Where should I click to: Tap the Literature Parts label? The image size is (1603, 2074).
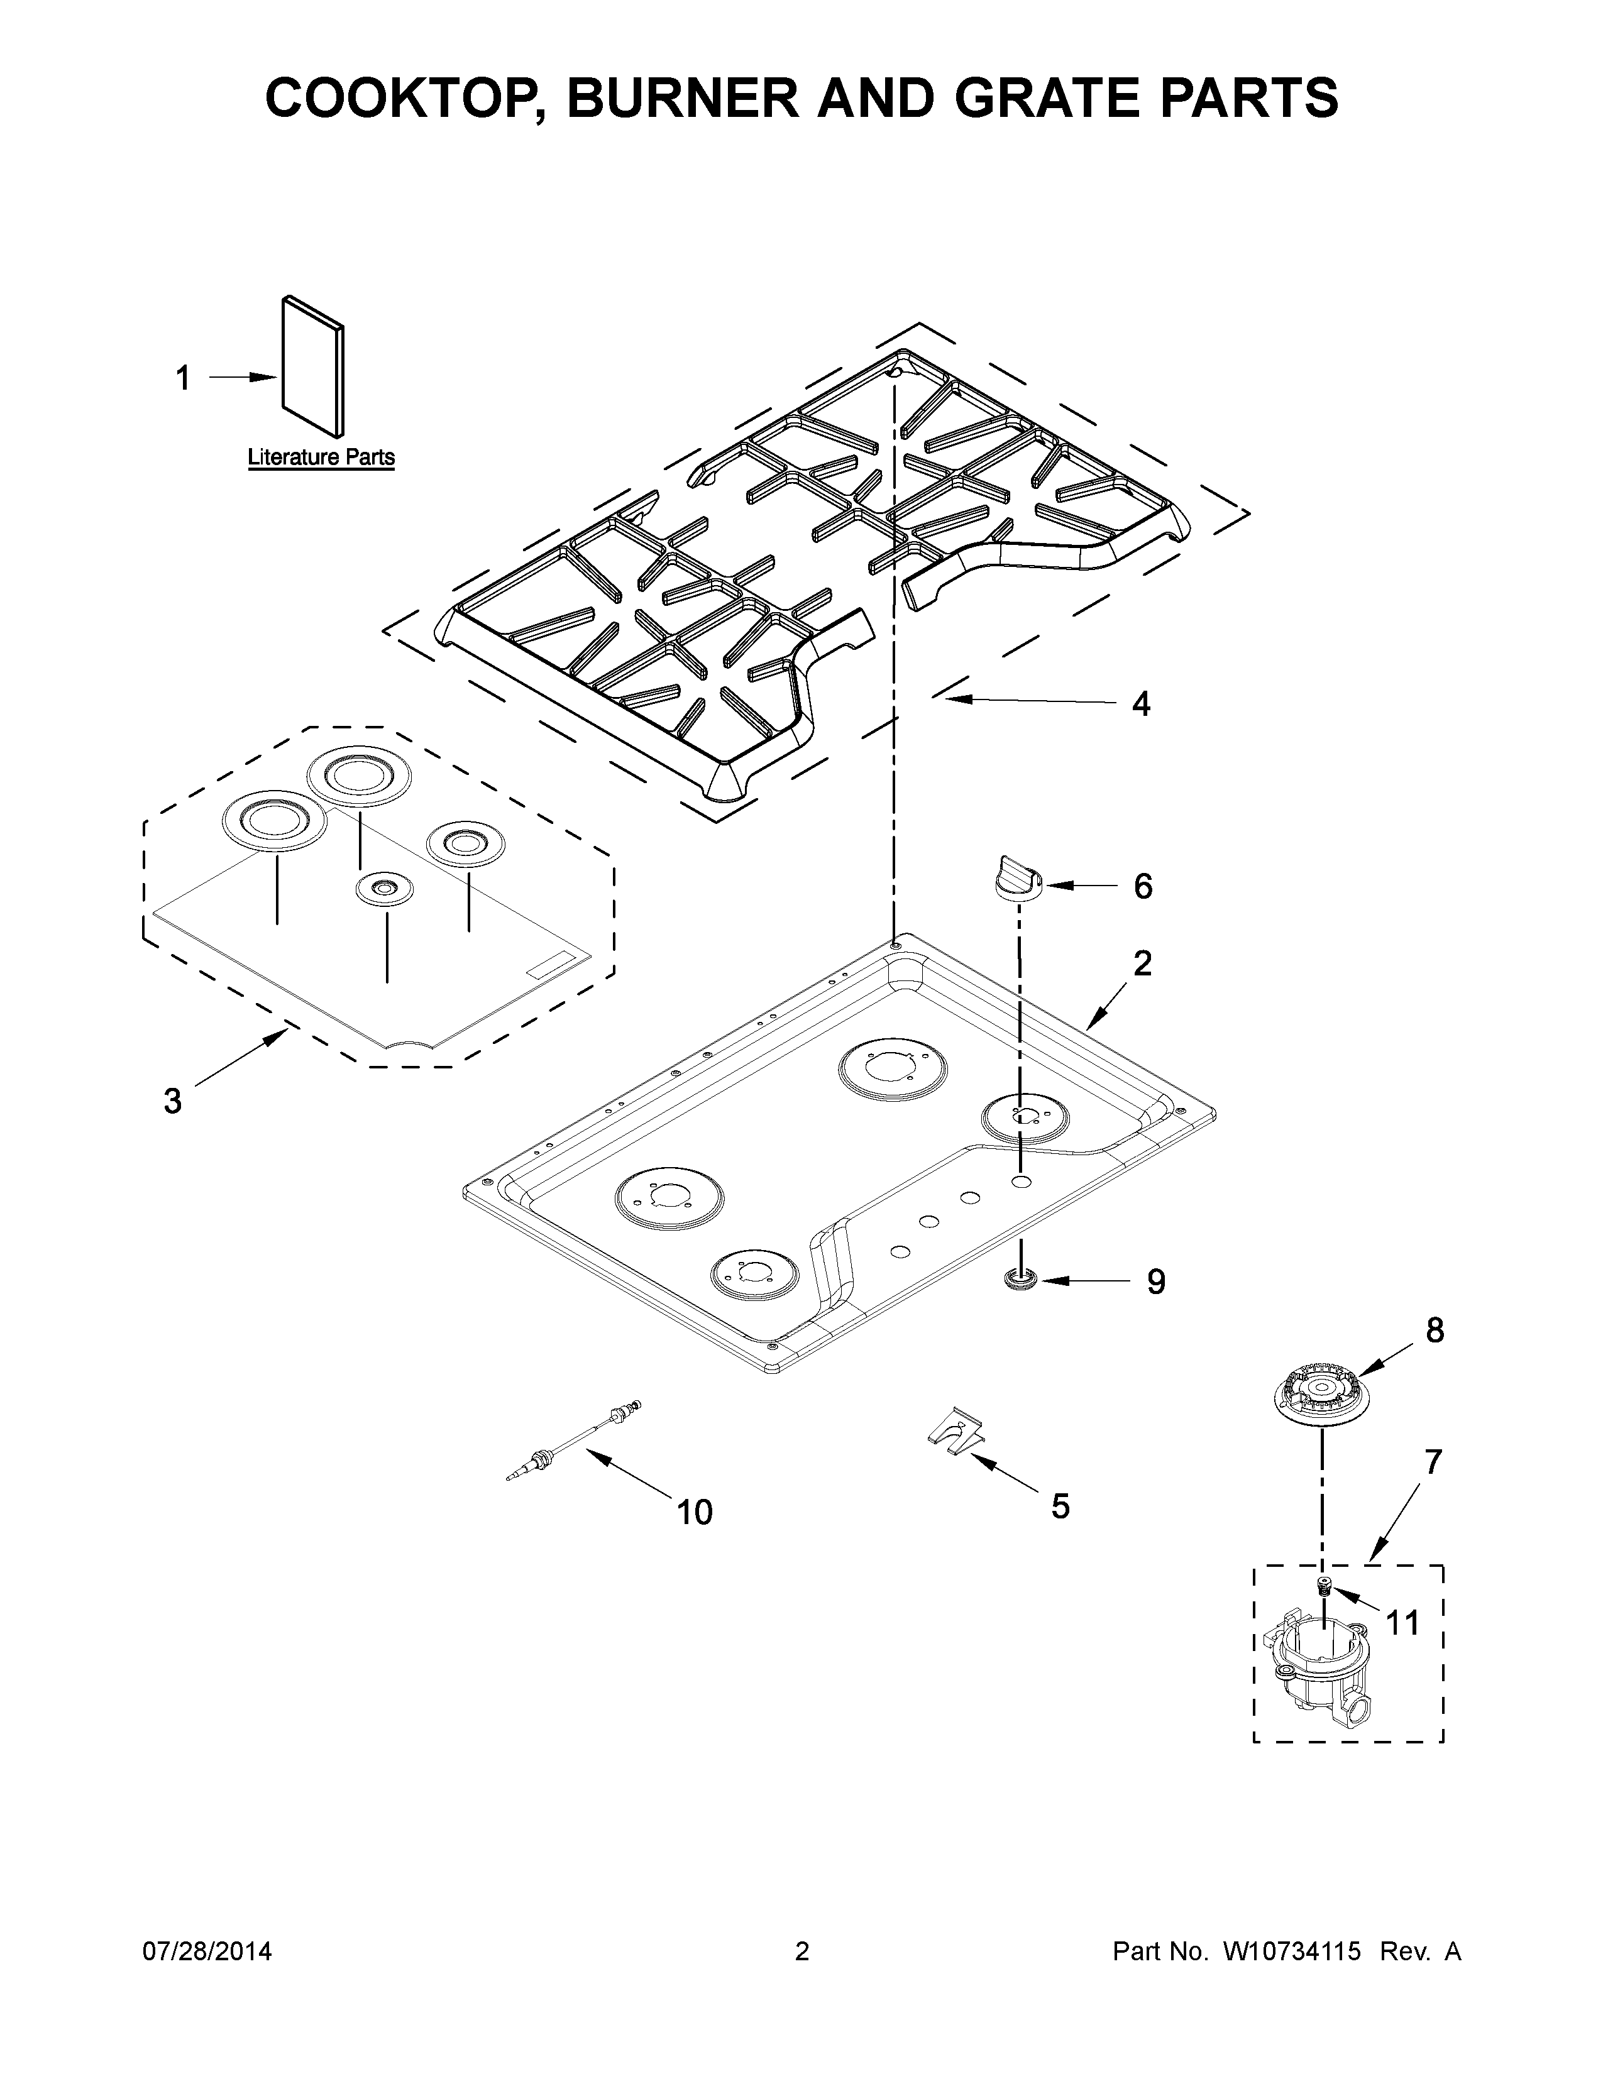coord(321,457)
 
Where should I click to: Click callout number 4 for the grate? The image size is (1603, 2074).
coord(1140,704)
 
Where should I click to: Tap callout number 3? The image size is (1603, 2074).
coord(172,1100)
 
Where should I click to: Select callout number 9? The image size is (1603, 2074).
coord(1155,1282)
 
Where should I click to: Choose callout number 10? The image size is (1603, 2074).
coord(694,1512)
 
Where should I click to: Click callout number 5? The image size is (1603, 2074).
coord(1060,1505)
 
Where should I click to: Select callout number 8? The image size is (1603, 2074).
coord(1435,1331)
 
